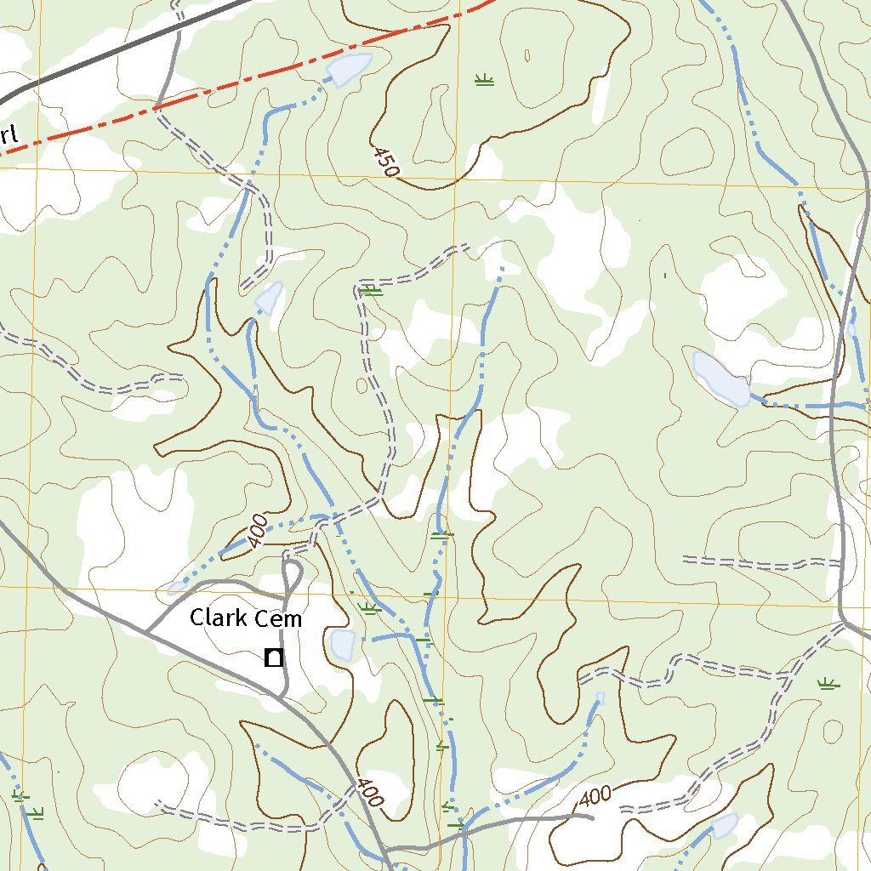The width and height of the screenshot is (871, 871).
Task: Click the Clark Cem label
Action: click(245, 618)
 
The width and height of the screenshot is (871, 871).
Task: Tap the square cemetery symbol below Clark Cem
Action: click(273, 658)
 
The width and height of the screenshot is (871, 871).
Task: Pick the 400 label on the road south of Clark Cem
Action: click(371, 793)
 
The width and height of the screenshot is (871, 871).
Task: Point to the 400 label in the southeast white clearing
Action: click(595, 797)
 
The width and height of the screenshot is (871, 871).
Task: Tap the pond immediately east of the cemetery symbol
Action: click(342, 645)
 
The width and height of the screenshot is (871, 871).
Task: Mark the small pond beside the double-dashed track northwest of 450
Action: click(270, 298)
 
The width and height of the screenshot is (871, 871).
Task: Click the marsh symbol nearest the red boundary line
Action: click(484, 81)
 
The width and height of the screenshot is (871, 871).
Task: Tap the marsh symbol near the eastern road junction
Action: click(828, 683)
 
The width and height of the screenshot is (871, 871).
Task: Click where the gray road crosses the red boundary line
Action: click(158, 107)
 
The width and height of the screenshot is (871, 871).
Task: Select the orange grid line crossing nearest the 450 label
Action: click(455, 180)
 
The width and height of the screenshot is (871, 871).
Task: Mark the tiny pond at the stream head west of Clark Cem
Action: click(178, 585)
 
